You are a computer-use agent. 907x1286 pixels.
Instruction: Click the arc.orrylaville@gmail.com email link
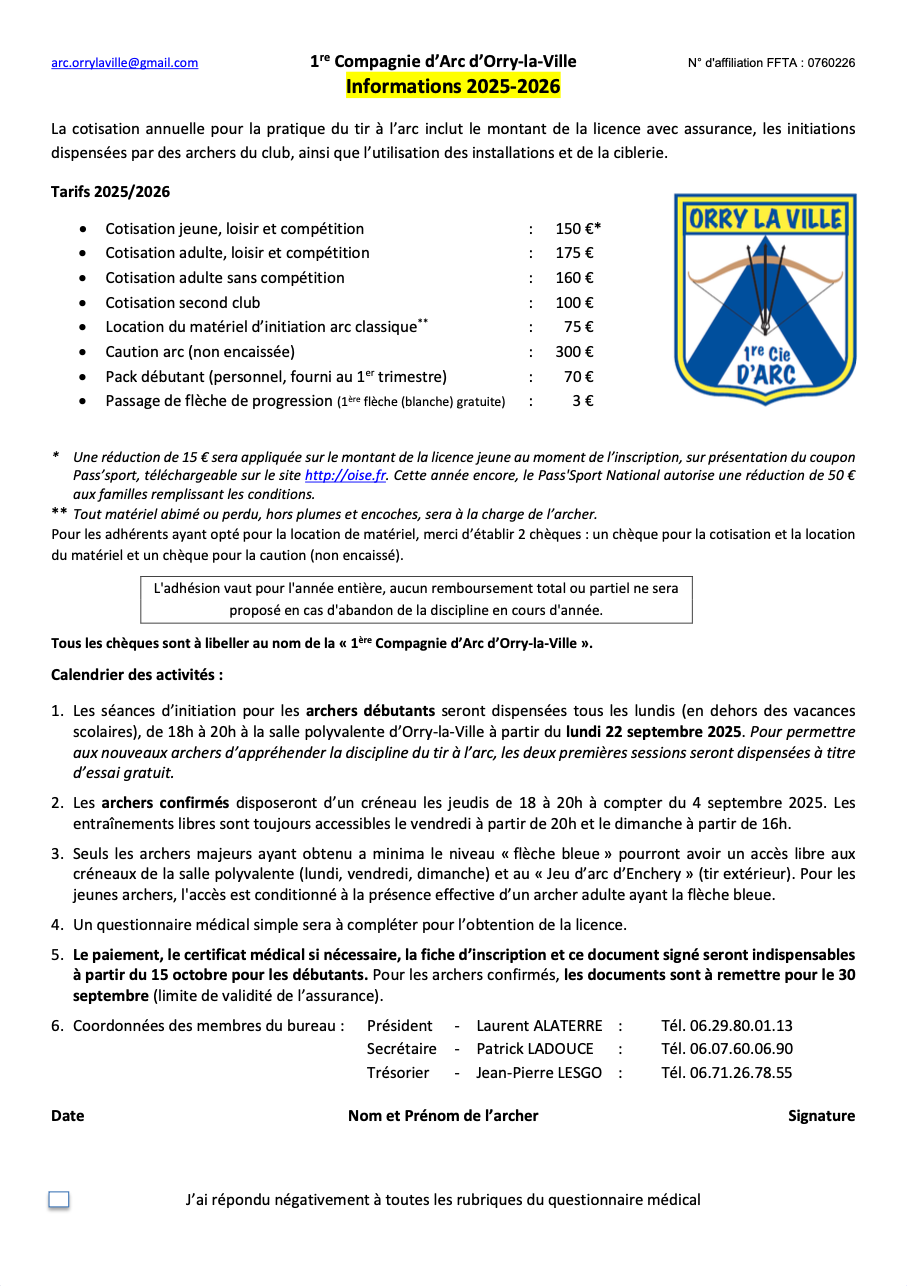pos(124,63)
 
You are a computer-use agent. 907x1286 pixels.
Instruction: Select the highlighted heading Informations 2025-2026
pos(453,86)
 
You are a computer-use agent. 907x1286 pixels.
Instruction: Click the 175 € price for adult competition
pos(574,253)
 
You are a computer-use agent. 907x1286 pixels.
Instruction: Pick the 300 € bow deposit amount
pos(574,352)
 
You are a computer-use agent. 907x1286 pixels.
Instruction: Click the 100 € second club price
pos(574,302)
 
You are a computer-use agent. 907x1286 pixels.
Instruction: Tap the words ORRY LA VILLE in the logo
pos(765,220)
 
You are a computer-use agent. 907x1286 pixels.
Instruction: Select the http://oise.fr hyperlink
pos(333,476)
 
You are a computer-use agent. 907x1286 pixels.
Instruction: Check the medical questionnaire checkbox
pos(59,1200)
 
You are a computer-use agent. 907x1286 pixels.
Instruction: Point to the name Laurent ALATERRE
pos(539,1025)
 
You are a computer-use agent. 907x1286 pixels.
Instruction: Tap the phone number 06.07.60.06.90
pos(726,1049)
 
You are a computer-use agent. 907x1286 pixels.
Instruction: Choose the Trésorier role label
pos(398,1073)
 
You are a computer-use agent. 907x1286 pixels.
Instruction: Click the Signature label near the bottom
pos(821,1116)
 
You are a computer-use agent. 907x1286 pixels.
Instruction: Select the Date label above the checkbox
pos(68,1116)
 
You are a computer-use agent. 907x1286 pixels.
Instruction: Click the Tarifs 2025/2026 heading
pos(110,192)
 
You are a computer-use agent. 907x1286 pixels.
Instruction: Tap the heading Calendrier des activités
pos(137,675)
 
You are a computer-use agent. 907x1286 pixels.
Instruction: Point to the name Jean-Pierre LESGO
pos(539,1073)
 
